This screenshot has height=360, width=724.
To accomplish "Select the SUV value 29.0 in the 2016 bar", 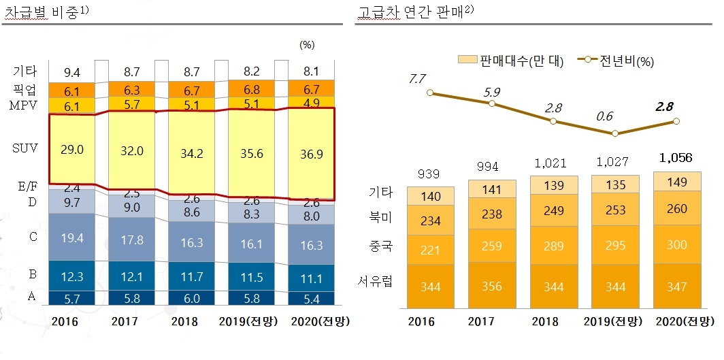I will click(71, 150).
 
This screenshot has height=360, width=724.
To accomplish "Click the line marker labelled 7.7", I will click(430, 93).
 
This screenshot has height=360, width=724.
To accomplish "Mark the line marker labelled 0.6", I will click(615, 133).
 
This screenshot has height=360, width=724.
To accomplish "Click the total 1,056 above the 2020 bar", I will click(676, 159).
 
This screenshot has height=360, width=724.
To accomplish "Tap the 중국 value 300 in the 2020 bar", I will click(676, 245).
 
